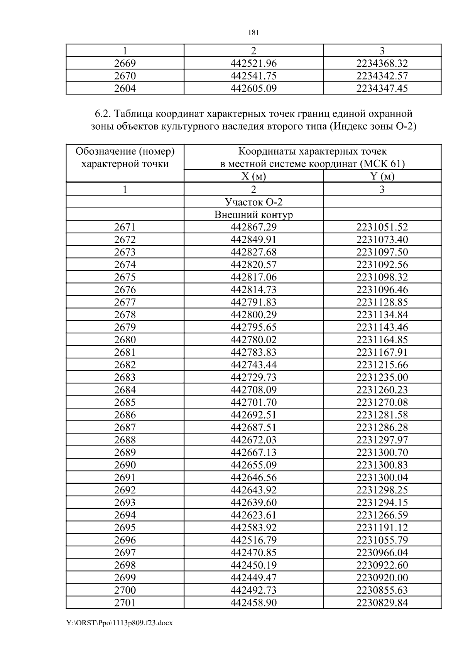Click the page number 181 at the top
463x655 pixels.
click(253, 32)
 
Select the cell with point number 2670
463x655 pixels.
click(125, 76)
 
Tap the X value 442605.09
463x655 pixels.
click(253, 88)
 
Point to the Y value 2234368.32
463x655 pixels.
click(382, 63)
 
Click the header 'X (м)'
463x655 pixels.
click(253, 176)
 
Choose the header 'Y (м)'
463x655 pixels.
click(382, 176)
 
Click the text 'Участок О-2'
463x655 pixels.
click(253, 202)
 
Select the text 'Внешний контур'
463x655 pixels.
click(253, 214)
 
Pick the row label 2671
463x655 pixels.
click(125, 227)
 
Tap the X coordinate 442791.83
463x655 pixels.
click(253, 302)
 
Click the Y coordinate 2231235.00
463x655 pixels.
click(382, 377)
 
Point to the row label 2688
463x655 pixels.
click(125, 440)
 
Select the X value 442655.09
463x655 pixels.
click(253, 465)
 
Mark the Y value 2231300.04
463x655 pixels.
click(382, 477)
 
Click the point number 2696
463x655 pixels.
click(125, 540)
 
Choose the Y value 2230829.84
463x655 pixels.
click(382, 603)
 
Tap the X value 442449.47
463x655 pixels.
click(253, 577)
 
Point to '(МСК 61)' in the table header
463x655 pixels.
click(382, 164)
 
